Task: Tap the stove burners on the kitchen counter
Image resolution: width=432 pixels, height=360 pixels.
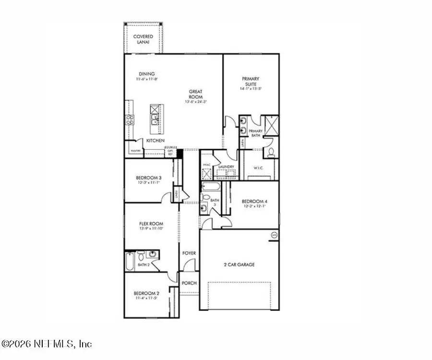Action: click(x=130, y=119)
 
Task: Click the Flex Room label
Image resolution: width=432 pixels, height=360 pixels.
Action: click(x=151, y=224)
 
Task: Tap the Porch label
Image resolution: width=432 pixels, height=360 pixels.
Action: click(x=189, y=283)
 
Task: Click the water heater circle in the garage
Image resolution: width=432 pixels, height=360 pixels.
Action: click(x=274, y=235)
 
